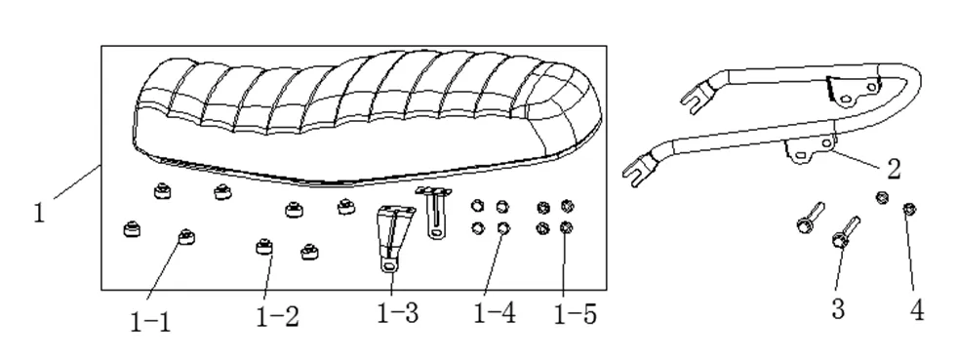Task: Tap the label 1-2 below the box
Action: pyautogui.click(x=277, y=316)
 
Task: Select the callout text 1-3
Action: pyautogui.click(x=398, y=314)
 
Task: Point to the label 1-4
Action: pyautogui.click(x=496, y=314)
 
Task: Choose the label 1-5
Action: pyautogui.click(x=575, y=314)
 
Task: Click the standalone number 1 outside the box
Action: pyautogui.click(x=39, y=211)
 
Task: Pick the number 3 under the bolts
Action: pyautogui.click(x=838, y=309)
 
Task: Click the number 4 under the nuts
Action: pyautogui.click(x=916, y=309)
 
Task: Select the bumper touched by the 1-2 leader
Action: pyautogui.click(x=262, y=249)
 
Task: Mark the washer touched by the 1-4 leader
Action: pyautogui.click(x=503, y=228)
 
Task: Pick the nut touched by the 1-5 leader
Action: pyautogui.click(x=568, y=228)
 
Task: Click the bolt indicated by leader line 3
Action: pyautogui.click(x=843, y=235)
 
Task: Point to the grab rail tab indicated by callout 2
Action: pyautogui.click(x=808, y=151)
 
